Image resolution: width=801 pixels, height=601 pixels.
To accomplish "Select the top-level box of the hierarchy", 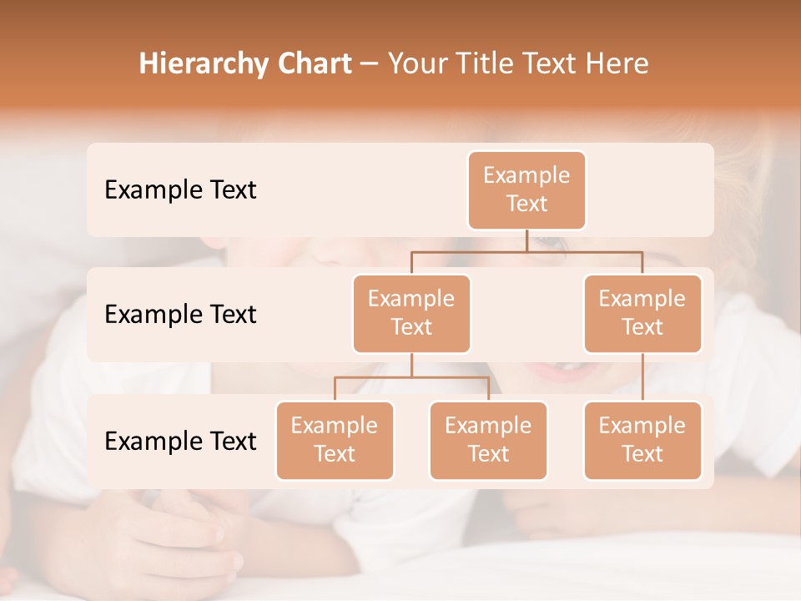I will [x=526, y=190].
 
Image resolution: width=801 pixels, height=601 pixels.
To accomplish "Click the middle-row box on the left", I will [x=411, y=314].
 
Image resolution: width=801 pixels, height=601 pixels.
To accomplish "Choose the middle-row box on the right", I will [x=642, y=314].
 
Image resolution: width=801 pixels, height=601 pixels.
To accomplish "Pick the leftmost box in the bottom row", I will [x=335, y=441].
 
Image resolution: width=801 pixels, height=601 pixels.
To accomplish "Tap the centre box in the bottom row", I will [x=488, y=441].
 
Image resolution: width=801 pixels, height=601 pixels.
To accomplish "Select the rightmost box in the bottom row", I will [x=642, y=441].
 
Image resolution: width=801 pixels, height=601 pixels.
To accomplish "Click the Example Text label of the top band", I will [x=180, y=190].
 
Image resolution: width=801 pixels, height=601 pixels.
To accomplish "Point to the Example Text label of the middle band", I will [x=180, y=315].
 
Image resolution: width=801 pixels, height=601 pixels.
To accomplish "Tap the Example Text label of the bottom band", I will [x=180, y=441].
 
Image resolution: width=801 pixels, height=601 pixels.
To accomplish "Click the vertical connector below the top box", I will [x=526, y=240].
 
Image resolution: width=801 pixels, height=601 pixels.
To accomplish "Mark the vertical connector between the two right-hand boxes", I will [x=642, y=377].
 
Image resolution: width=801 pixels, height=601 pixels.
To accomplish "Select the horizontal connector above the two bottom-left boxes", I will [x=411, y=377].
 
